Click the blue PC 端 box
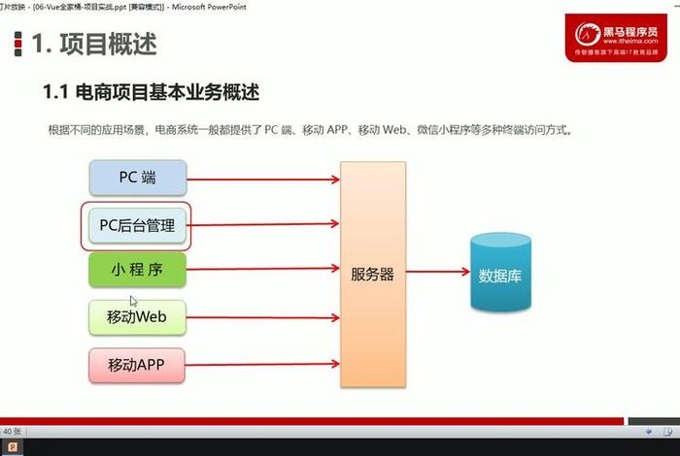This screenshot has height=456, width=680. click(137, 178)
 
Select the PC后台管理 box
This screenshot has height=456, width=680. click(137, 226)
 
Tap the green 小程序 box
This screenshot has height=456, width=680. click(137, 271)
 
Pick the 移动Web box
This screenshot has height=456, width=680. click(137, 316)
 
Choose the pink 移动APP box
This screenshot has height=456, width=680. click(137, 365)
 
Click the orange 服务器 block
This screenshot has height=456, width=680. click(372, 275)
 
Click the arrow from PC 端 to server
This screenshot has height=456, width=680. click(262, 179)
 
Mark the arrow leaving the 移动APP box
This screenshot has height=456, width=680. click(262, 366)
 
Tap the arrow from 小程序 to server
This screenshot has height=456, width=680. click(262, 271)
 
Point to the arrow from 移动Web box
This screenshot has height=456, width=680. click(262, 317)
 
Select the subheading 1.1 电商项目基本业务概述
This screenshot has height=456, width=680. click(151, 92)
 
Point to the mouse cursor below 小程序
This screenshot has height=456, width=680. click(134, 302)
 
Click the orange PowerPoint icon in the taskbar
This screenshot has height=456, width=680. click(12, 447)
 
